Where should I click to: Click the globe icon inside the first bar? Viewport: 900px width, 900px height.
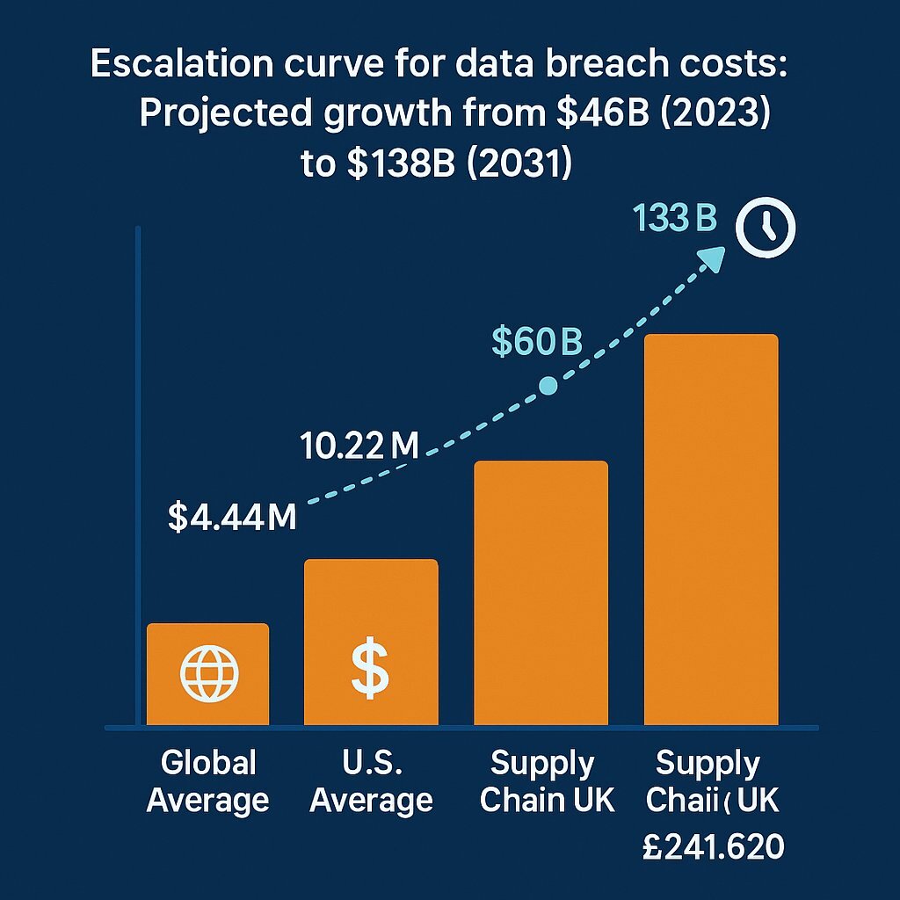(x=208, y=674)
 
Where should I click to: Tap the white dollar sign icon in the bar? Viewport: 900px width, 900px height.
(x=370, y=670)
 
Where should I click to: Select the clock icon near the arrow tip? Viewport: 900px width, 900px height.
(x=766, y=228)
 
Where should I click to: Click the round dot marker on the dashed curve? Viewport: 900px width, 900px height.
(x=548, y=385)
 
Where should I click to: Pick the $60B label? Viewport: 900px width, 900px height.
(x=536, y=343)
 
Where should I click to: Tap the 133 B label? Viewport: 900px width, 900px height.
(x=676, y=219)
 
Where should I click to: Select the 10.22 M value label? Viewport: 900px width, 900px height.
(x=359, y=446)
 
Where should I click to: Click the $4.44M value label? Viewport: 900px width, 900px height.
(x=232, y=518)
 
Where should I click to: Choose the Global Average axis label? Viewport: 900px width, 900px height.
(x=208, y=781)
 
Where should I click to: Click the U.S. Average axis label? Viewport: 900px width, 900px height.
(x=371, y=781)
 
